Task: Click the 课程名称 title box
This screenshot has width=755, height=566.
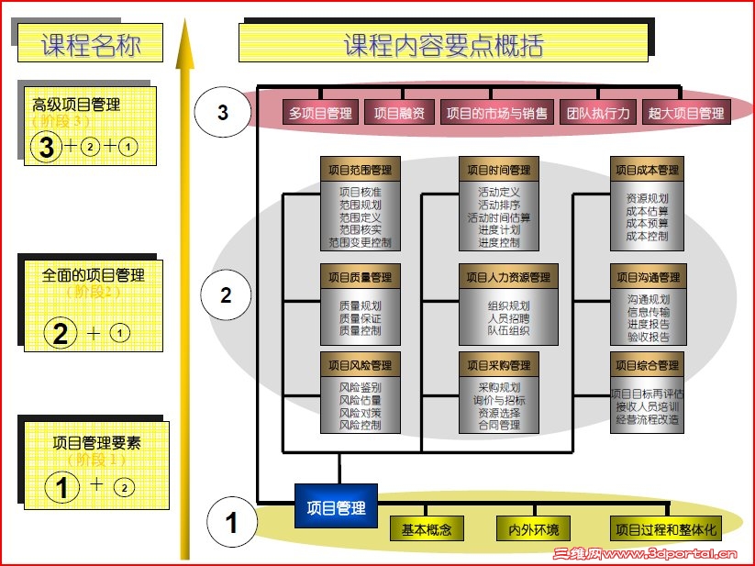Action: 90,44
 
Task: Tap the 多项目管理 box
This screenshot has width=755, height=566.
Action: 320,113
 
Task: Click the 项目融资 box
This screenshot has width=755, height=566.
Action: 399,113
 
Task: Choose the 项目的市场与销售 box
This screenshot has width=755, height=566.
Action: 496,113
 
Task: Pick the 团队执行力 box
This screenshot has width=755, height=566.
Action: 597,113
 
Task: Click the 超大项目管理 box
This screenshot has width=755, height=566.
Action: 685,113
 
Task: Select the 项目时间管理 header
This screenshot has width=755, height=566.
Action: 498,170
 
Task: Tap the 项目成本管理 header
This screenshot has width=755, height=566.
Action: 646,170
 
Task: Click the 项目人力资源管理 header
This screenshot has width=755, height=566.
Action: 507,277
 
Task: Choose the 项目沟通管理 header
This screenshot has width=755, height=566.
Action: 648,277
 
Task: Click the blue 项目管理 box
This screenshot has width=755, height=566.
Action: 336,506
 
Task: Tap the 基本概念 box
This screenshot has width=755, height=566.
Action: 427,529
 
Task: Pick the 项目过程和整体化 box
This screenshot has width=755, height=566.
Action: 665,529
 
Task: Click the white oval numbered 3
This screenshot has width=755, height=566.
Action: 223,113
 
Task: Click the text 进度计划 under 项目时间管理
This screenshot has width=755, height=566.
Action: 498,230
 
